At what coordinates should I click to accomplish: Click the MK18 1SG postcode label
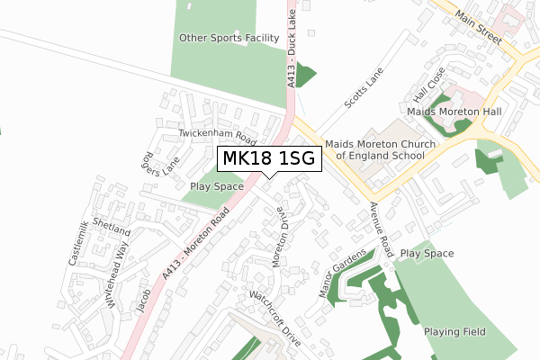coord(269,159)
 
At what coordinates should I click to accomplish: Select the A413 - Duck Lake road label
coord(292,49)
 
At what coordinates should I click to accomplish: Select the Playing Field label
coord(454,332)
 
